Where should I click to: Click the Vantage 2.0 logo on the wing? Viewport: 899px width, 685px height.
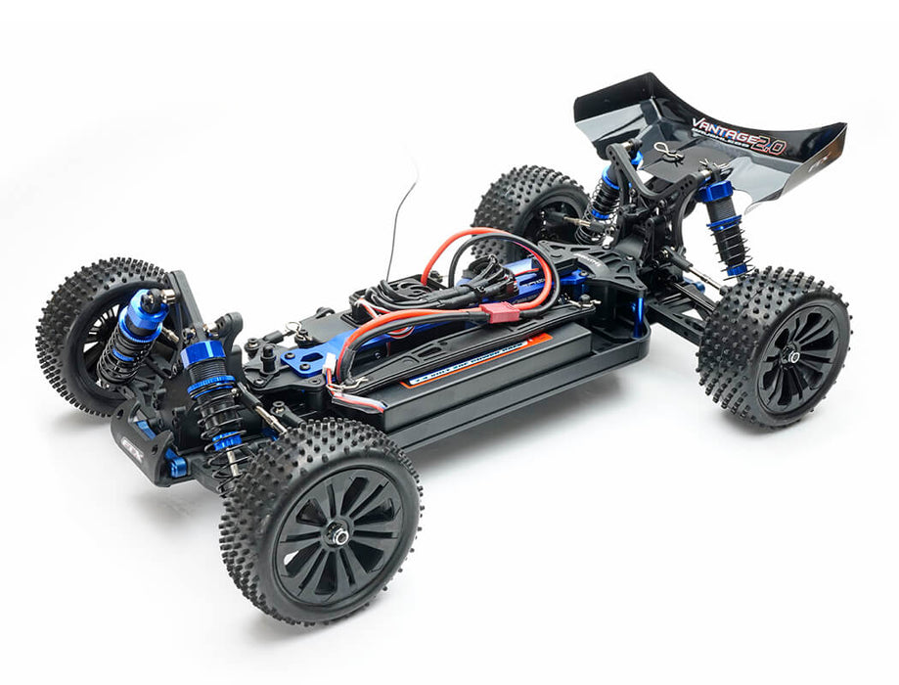(739, 135)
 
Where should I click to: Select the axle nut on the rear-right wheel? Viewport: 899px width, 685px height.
(790, 358)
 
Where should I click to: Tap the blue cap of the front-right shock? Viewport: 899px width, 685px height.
(202, 353)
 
